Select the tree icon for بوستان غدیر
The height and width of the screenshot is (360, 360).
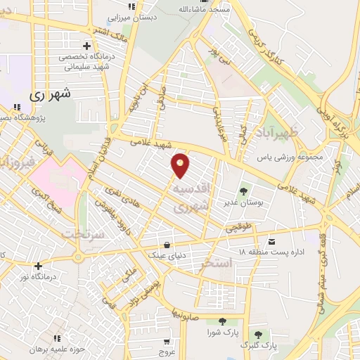(x=243, y=190)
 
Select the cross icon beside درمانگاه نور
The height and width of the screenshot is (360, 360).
(x=38, y=266)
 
